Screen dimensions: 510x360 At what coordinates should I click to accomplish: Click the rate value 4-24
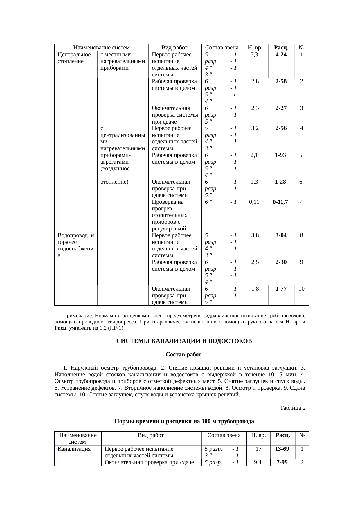(x=281, y=55)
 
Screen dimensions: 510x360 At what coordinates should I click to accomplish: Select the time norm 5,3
(x=254, y=55)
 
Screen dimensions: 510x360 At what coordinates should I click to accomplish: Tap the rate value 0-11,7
(x=280, y=202)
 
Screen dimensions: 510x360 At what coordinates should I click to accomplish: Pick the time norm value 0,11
(x=254, y=202)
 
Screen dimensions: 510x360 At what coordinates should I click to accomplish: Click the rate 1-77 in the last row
(x=281, y=289)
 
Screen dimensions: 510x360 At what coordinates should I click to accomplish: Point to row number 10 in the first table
(x=302, y=289)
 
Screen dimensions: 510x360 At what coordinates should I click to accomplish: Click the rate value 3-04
(x=281, y=235)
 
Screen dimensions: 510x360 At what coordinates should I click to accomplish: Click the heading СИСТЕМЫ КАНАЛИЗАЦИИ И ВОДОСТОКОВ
(x=184, y=341)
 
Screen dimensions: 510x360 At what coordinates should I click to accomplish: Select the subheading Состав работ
(x=183, y=355)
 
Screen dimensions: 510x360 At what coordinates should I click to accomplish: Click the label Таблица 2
(x=293, y=408)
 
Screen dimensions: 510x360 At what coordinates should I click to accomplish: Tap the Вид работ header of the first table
(x=174, y=48)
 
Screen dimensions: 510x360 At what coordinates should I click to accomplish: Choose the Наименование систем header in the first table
(x=101, y=48)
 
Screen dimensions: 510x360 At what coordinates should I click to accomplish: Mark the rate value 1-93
(x=280, y=155)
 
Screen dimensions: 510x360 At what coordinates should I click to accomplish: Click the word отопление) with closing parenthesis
(x=114, y=182)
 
